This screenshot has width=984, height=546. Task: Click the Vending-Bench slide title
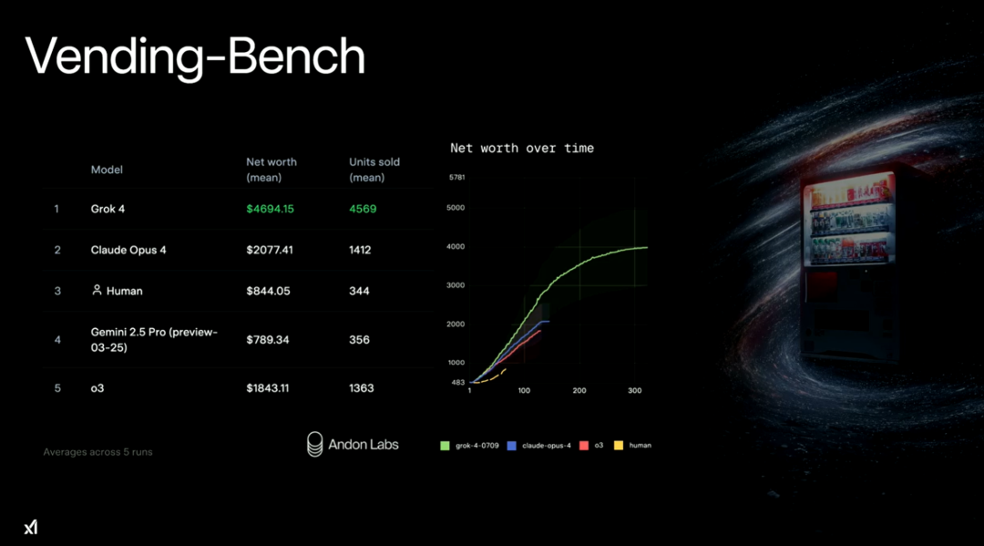[x=195, y=57]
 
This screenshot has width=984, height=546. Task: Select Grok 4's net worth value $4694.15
[x=270, y=209]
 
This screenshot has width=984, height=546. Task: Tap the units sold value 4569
[x=363, y=209]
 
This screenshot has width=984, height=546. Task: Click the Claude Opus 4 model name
[x=128, y=250]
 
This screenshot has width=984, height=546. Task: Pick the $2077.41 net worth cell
[x=269, y=250]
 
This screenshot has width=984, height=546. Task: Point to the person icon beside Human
[x=97, y=290]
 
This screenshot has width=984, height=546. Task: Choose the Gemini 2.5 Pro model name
[x=154, y=339]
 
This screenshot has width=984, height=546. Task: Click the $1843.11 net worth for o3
[x=267, y=387]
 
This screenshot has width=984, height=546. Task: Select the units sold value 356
[x=359, y=339]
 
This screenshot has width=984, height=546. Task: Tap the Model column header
[x=107, y=170]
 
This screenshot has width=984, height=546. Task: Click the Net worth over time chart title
[x=521, y=148]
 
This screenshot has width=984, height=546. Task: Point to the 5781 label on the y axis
[x=456, y=178]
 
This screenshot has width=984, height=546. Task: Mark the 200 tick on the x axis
[x=579, y=390]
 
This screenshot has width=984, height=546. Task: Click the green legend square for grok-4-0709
[x=445, y=446]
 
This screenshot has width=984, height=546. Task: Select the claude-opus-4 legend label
[x=547, y=446]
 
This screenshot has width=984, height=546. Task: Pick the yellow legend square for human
[x=619, y=446]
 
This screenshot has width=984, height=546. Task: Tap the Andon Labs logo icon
[x=315, y=444]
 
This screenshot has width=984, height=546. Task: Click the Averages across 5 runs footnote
[x=97, y=452]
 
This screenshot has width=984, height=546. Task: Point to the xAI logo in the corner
[x=31, y=527]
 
